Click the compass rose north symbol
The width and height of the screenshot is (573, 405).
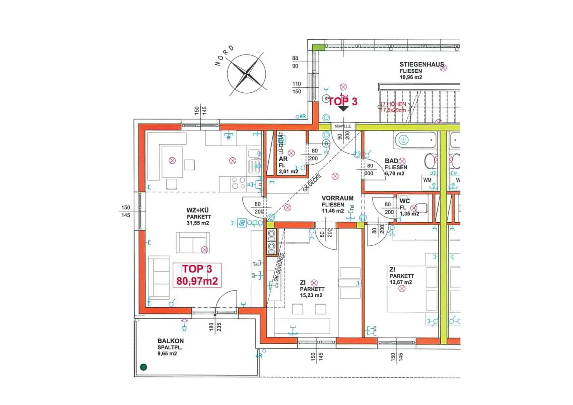point(247,74)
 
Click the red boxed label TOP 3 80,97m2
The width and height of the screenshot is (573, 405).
point(197,275)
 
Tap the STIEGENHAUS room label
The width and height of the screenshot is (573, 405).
point(422,65)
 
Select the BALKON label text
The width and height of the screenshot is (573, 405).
point(170,341)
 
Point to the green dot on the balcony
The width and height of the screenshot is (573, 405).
point(143,367)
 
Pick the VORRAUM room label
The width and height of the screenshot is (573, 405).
point(337,198)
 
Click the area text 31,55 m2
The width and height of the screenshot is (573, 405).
point(198,223)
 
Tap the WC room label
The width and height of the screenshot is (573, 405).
point(405,201)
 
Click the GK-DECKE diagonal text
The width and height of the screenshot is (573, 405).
point(312,183)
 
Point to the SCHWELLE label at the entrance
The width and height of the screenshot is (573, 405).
point(342,126)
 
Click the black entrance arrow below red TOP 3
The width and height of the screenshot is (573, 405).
point(343,109)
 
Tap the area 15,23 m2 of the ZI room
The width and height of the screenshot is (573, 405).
point(311,295)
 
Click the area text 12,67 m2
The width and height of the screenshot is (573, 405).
point(401,282)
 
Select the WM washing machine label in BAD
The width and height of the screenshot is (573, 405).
point(427,180)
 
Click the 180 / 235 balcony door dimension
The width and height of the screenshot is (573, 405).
point(215,327)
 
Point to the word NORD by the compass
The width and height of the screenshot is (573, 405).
point(224,56)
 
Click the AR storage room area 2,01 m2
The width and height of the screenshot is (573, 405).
point(288,172)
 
